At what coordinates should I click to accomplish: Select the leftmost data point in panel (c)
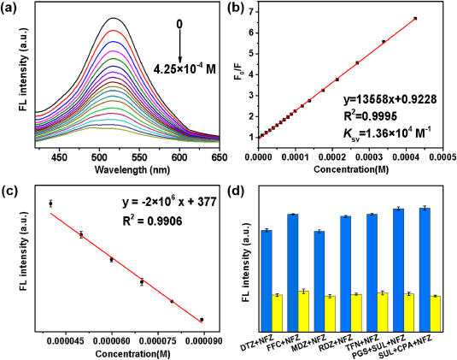(50, 204)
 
